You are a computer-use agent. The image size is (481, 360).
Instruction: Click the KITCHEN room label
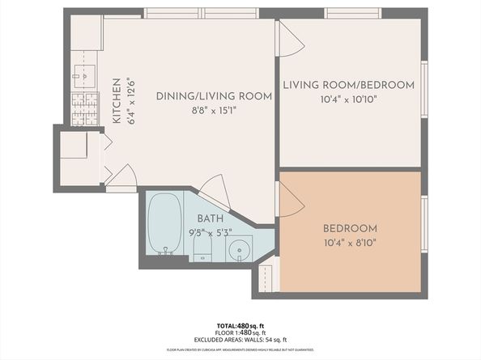(117, 101)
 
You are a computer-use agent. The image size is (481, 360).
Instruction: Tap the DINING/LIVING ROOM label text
(213, 96)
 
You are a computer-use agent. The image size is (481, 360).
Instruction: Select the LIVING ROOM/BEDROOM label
(348, 85)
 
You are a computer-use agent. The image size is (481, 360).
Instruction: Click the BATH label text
(210, 218)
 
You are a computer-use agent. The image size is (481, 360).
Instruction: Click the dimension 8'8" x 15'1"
(213, 111)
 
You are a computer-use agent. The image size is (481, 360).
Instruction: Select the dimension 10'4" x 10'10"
(348, 99)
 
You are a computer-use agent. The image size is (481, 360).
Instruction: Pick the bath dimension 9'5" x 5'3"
(210, 232)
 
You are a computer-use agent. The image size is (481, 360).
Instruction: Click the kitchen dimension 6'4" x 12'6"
(128, 101)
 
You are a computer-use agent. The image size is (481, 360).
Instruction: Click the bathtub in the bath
(164, 223)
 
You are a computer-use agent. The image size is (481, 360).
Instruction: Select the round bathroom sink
(238, 249)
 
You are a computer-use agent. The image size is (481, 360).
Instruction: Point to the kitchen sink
(83, 74)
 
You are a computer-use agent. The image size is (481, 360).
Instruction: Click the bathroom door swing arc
(216, 192)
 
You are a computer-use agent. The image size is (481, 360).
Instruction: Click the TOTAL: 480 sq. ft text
(240, 325)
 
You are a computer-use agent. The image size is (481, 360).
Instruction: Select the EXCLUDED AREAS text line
(240, 340)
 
